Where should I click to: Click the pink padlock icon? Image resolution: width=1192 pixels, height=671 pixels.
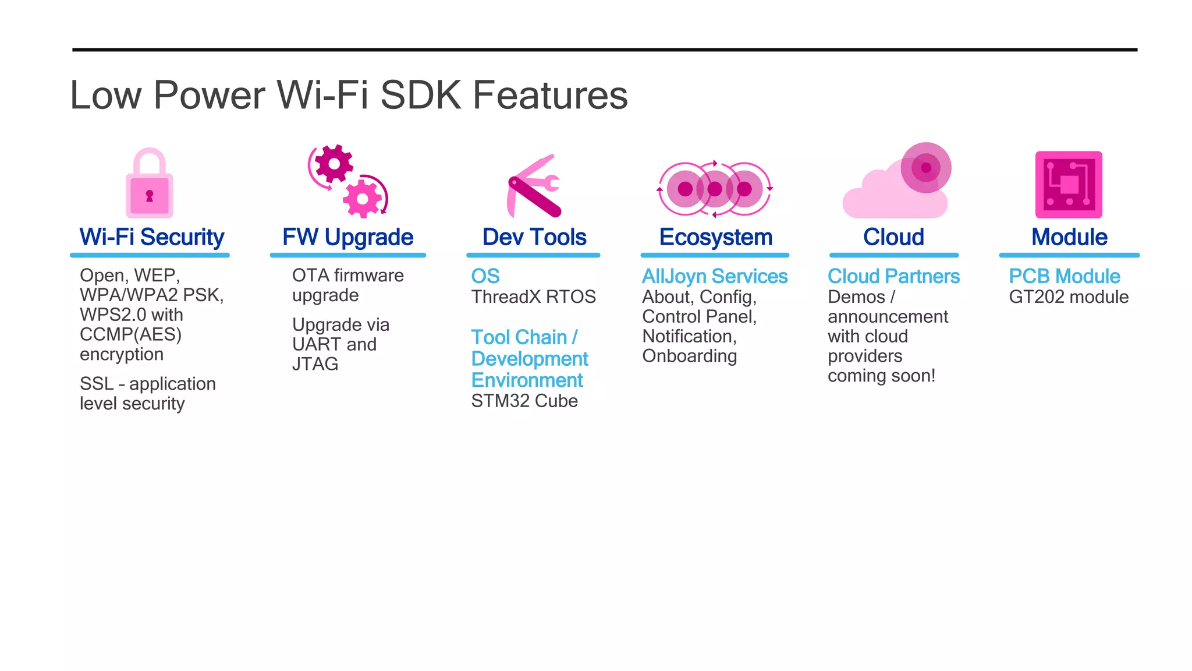pos(150,184)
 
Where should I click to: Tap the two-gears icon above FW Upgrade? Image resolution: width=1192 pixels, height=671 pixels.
pos(348,181)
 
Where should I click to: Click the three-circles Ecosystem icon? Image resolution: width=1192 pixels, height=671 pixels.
pos(715,189)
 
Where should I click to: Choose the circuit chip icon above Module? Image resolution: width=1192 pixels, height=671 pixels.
pos(1069,185)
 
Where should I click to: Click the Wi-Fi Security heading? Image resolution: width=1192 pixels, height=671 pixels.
pos(152,237)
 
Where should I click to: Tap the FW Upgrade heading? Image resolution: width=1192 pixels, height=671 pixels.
pos(348,237)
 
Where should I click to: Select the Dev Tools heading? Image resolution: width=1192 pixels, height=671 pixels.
pos(534,237)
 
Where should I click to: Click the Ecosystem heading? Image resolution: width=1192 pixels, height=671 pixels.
pos(715,237)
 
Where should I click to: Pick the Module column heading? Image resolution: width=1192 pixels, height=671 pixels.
pos(1069,237)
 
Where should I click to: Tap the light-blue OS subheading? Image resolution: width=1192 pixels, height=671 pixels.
pos(485,276)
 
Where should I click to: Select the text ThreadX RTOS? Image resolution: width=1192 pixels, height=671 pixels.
pos(533,297)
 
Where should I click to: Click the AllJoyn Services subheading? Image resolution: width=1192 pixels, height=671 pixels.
pos(715,276)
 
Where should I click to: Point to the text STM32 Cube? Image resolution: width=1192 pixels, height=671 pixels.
pos(524,401)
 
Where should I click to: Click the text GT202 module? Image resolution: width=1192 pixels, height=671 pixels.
pos(1069,297)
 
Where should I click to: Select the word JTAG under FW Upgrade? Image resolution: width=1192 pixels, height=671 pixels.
pos(315,364)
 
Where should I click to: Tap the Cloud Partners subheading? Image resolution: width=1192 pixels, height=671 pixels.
pos(893,276)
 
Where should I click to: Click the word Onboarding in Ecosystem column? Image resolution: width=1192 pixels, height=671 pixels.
pos(689,356)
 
